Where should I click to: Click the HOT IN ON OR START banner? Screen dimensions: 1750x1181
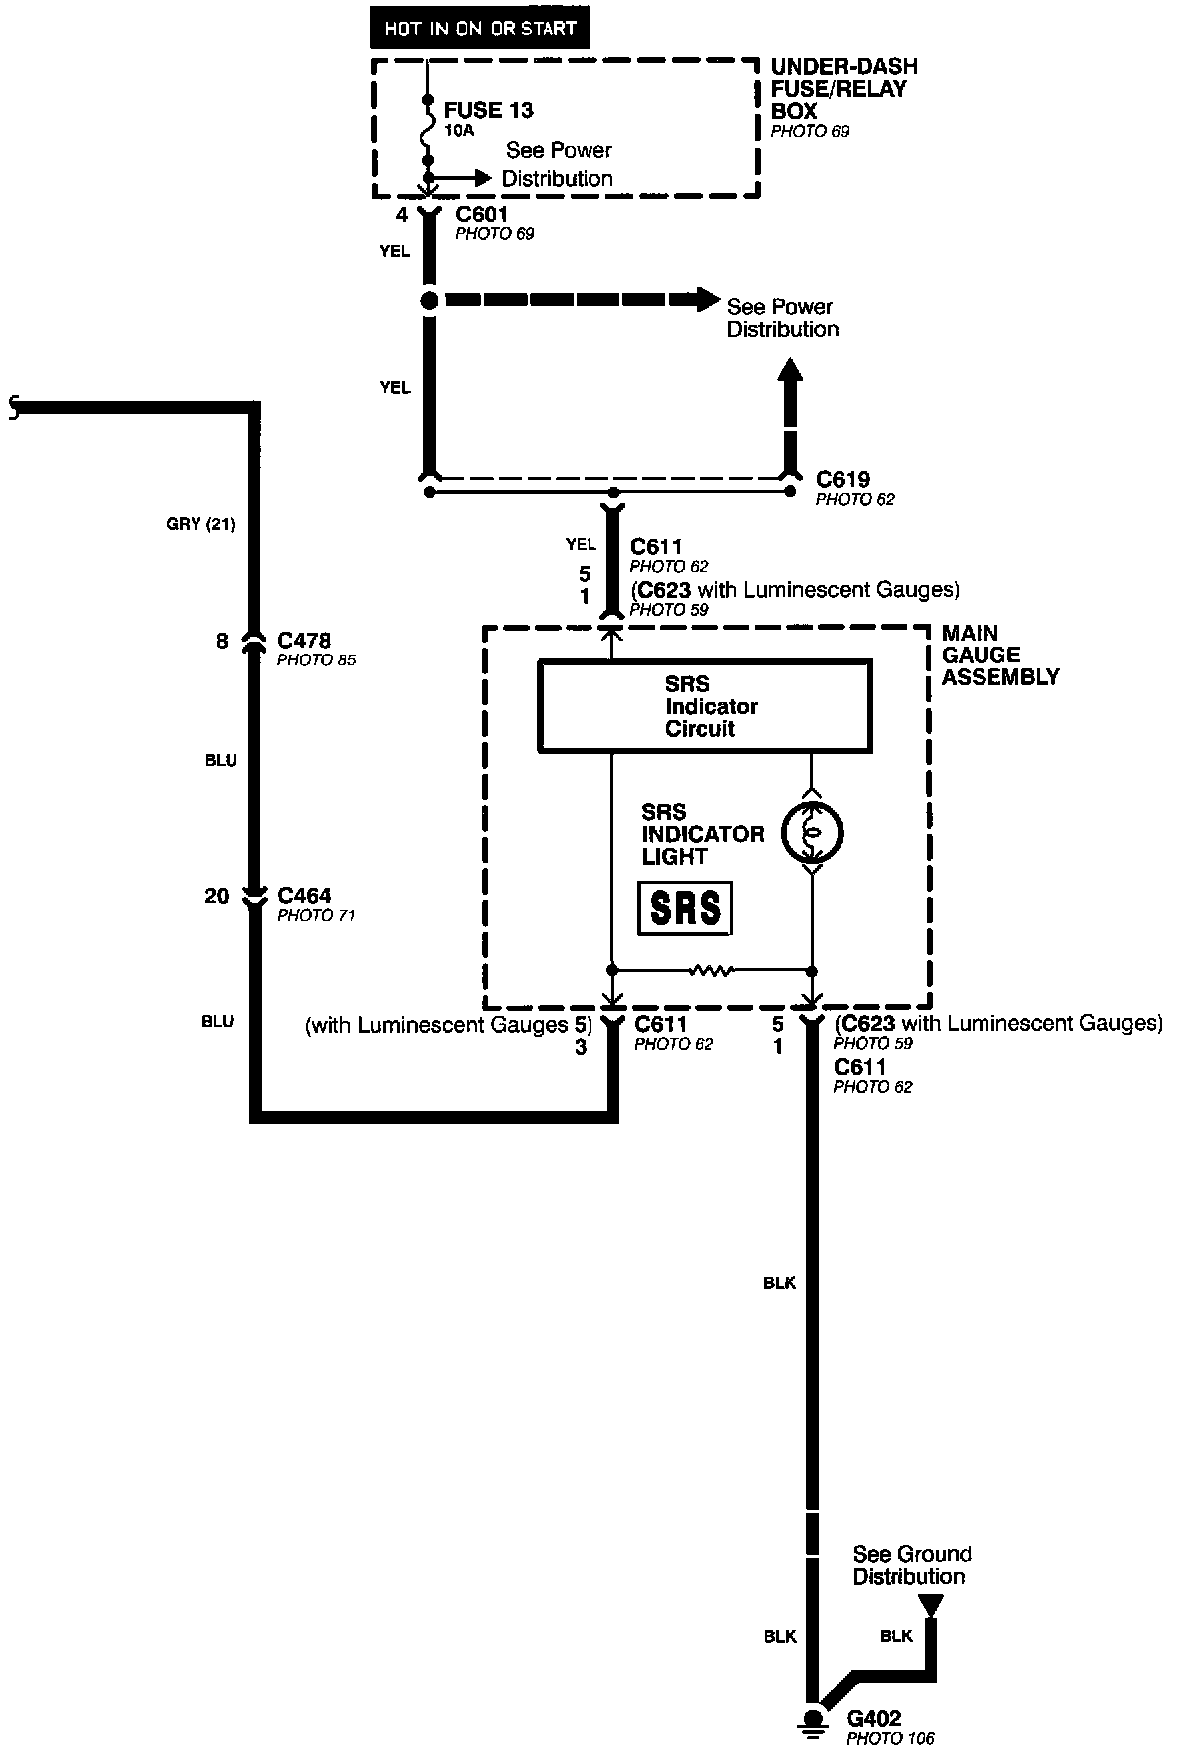[480, 28]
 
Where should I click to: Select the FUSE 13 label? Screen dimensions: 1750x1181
[488, 110]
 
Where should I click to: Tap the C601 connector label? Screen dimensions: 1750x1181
[482, 215]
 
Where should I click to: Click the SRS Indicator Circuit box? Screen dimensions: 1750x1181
[704, 706]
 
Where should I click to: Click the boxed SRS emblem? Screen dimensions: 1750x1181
[685, 908]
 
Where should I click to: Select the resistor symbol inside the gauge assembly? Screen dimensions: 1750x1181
[711, 969]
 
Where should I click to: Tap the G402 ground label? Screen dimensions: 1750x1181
[873, 1718]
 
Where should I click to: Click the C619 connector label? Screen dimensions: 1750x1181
[843, 479]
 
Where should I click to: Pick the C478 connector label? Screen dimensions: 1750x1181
[304, 640]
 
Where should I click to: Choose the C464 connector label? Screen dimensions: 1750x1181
[304, 895]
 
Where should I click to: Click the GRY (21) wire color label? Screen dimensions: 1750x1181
[200, 523]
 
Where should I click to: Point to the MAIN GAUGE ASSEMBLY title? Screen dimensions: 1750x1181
[999, 655]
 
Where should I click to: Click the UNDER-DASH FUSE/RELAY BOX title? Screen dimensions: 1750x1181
[844, 88]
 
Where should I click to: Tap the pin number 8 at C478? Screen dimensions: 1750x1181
[222, 641]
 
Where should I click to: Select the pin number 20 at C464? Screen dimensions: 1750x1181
[217, 896]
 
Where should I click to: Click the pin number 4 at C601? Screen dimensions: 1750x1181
[402, 215]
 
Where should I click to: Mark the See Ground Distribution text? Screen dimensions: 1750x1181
[911, 1565]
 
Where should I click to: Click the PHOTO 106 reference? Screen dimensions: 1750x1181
[890, 1739]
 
